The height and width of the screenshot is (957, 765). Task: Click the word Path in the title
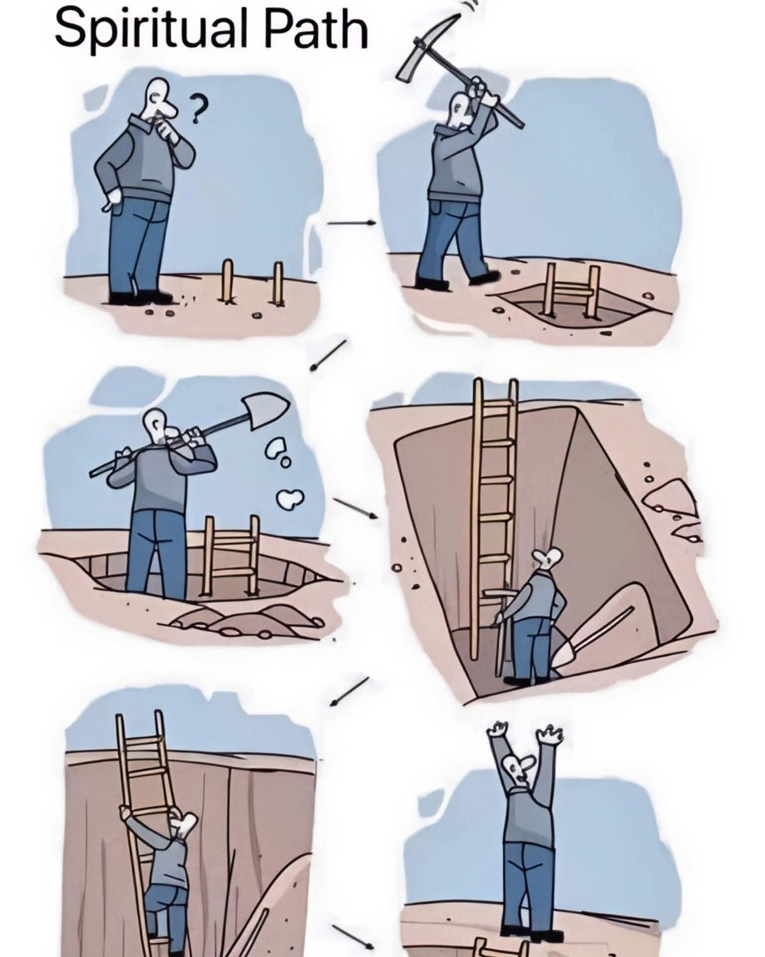[317, 27]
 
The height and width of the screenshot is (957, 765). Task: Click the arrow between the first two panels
[351, 222]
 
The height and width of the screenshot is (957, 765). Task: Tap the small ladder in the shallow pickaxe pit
[572, 288]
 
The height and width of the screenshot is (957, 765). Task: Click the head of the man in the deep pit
[548, 557]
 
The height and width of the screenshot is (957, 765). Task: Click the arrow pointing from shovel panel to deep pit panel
[356, 508]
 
